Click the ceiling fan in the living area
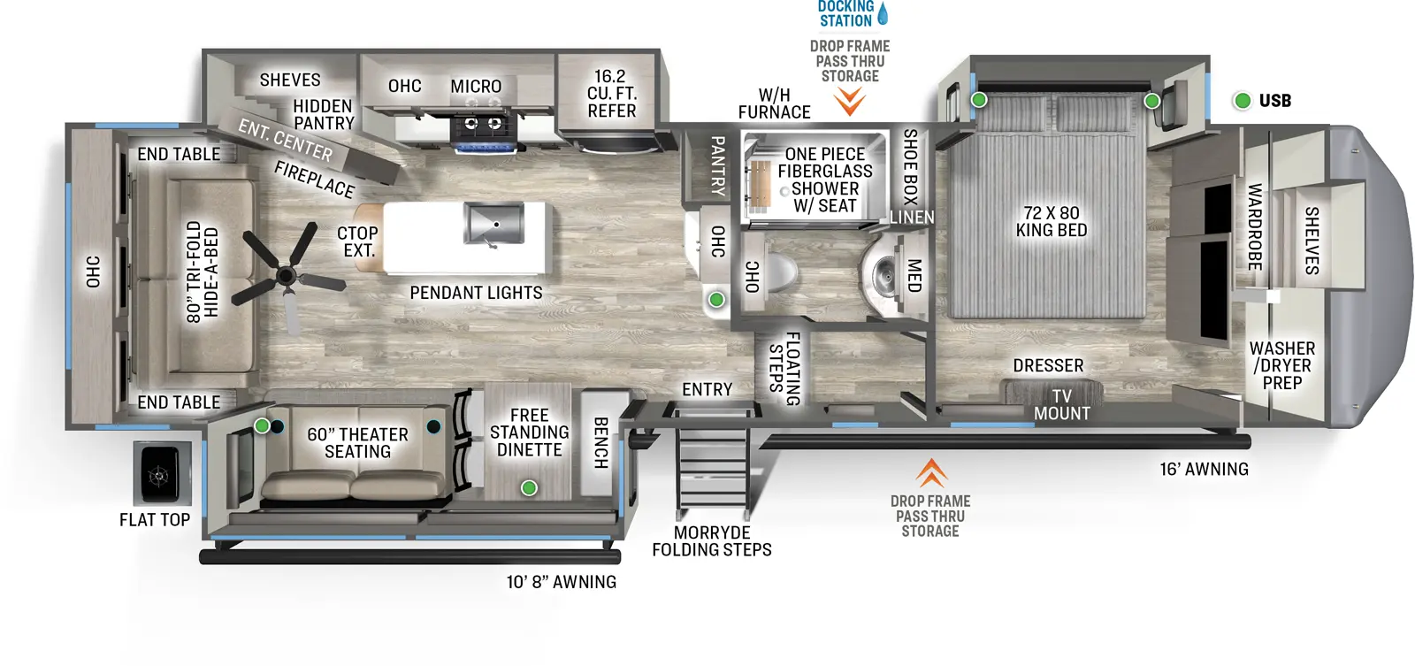coord(286,275)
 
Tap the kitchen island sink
coord(493,224)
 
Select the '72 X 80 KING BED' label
coord(1051,221)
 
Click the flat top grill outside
coord(161,474)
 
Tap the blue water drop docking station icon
coord(882,13)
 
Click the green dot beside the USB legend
coord(1243,101)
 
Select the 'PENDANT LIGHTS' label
coord(476,293)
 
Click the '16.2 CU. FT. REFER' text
coord(611,94)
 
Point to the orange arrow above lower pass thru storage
coord(930,473)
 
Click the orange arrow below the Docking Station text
coord(850,102)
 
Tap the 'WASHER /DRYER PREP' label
coord(1281,365)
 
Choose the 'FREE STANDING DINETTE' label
coord(529,433)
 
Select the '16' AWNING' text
coord(1204,470)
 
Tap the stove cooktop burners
coord(482,124)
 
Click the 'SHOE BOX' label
coord(910,166)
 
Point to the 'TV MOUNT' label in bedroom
coord(1062,405)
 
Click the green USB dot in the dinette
coord(529,487)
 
